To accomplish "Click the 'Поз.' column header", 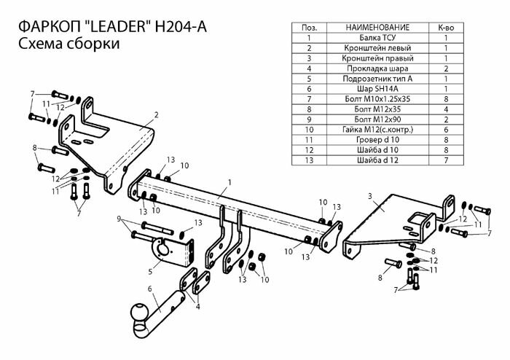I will click(x=309, y=27).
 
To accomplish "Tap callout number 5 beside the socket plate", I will click(x=149, y=271).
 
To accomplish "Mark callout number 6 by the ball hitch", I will click(x=150, y=289).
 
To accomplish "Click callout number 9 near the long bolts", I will click(x=119, y=219).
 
